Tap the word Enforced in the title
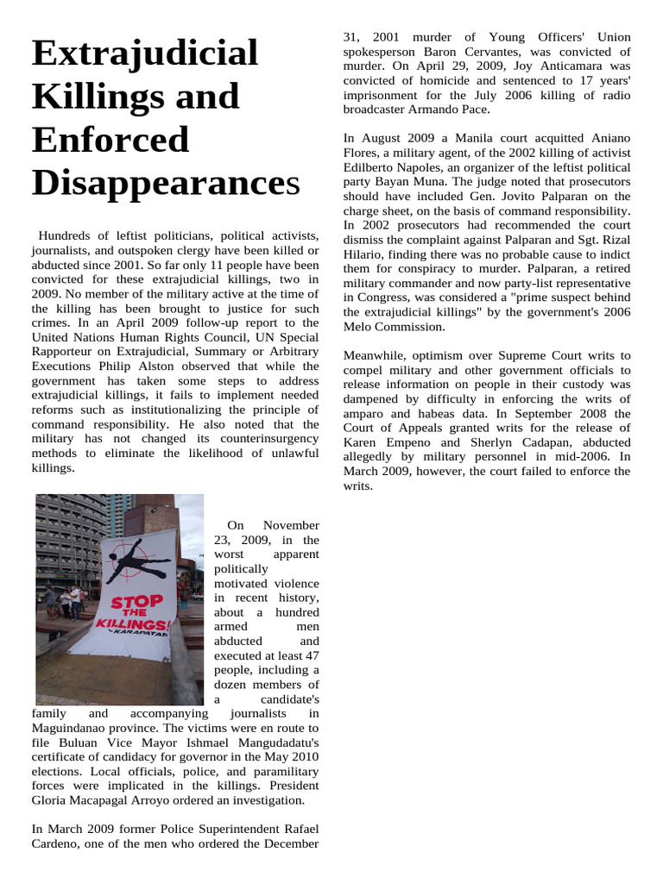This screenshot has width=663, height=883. (x=110, y=139)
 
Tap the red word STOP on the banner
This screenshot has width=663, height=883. (x=136, y=601)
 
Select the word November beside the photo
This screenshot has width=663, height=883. (x=291, y=525)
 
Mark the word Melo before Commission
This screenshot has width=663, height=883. (x=360, y=327)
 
